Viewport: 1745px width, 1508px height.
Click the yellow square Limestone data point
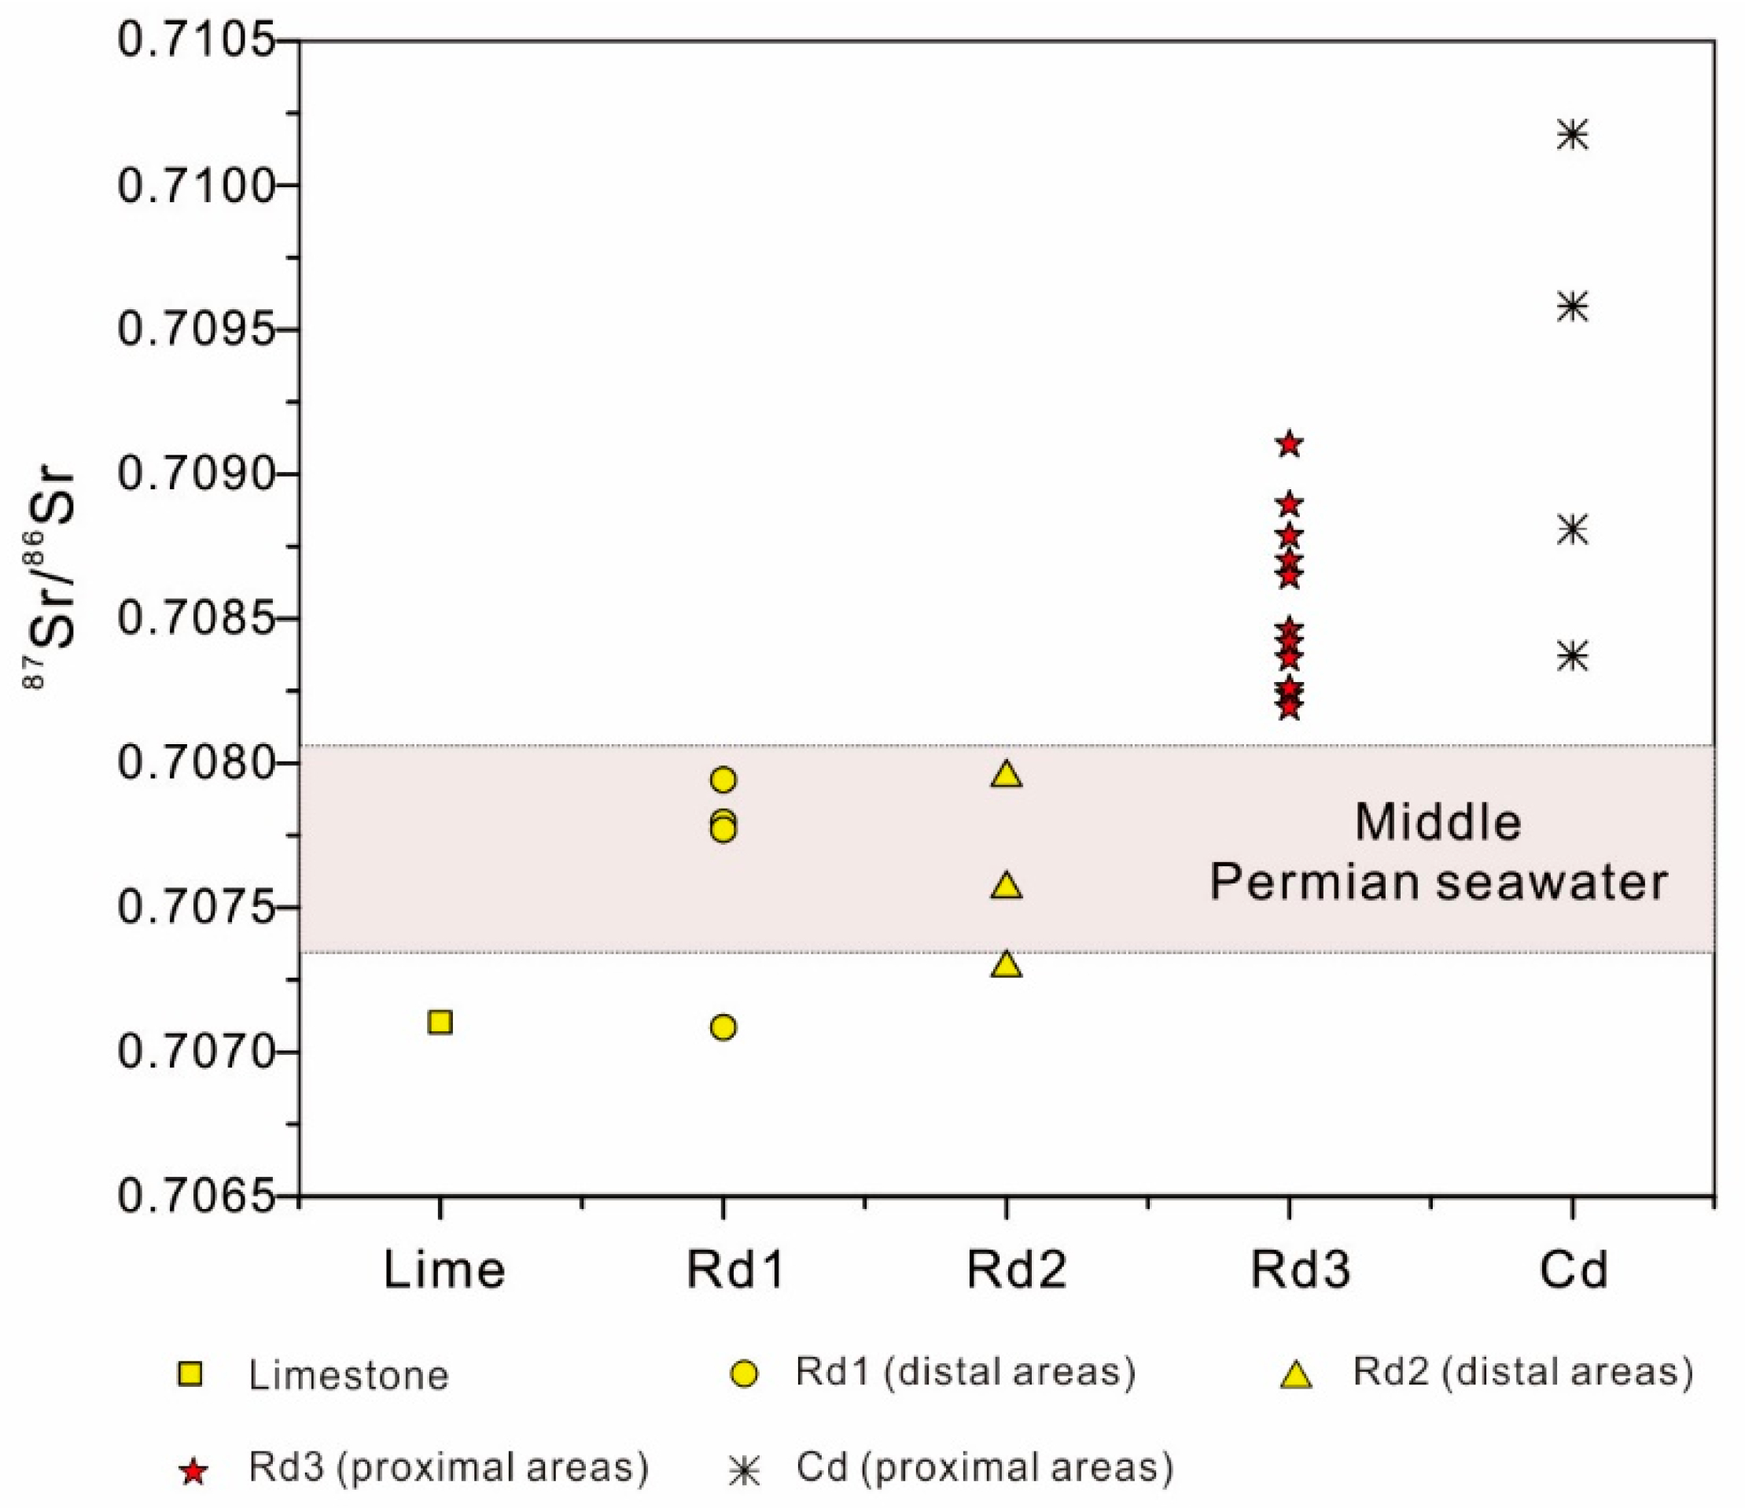440,1023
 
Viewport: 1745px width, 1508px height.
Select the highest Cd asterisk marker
1572,135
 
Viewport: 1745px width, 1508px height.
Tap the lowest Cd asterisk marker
1572,655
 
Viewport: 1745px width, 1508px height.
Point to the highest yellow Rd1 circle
723,780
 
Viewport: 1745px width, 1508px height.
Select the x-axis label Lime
444,1270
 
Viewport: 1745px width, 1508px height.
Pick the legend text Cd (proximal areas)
985,1467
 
